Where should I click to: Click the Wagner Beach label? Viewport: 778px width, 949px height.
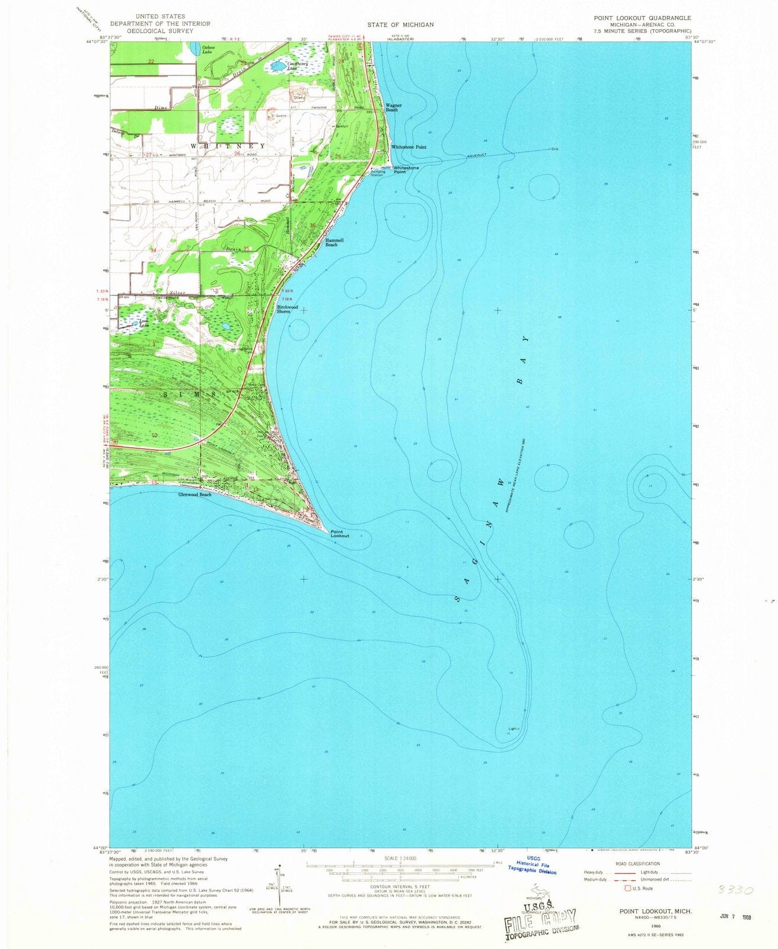tap(394, 107)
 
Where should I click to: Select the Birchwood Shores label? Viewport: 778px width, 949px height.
tap(288, 309)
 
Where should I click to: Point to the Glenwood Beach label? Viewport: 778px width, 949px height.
tap(195, 494)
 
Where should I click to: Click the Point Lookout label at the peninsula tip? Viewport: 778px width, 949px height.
tap(340, 533)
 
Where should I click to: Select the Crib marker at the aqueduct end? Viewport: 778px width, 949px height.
tap(554, 149)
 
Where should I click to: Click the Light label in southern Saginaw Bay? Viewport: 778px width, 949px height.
tap(514, 728)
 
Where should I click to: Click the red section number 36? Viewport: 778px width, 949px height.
tap(313, 225)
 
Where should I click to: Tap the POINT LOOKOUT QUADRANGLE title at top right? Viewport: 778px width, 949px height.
tap(643, 18)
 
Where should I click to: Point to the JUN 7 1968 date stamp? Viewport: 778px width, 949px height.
tap(732, 916)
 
